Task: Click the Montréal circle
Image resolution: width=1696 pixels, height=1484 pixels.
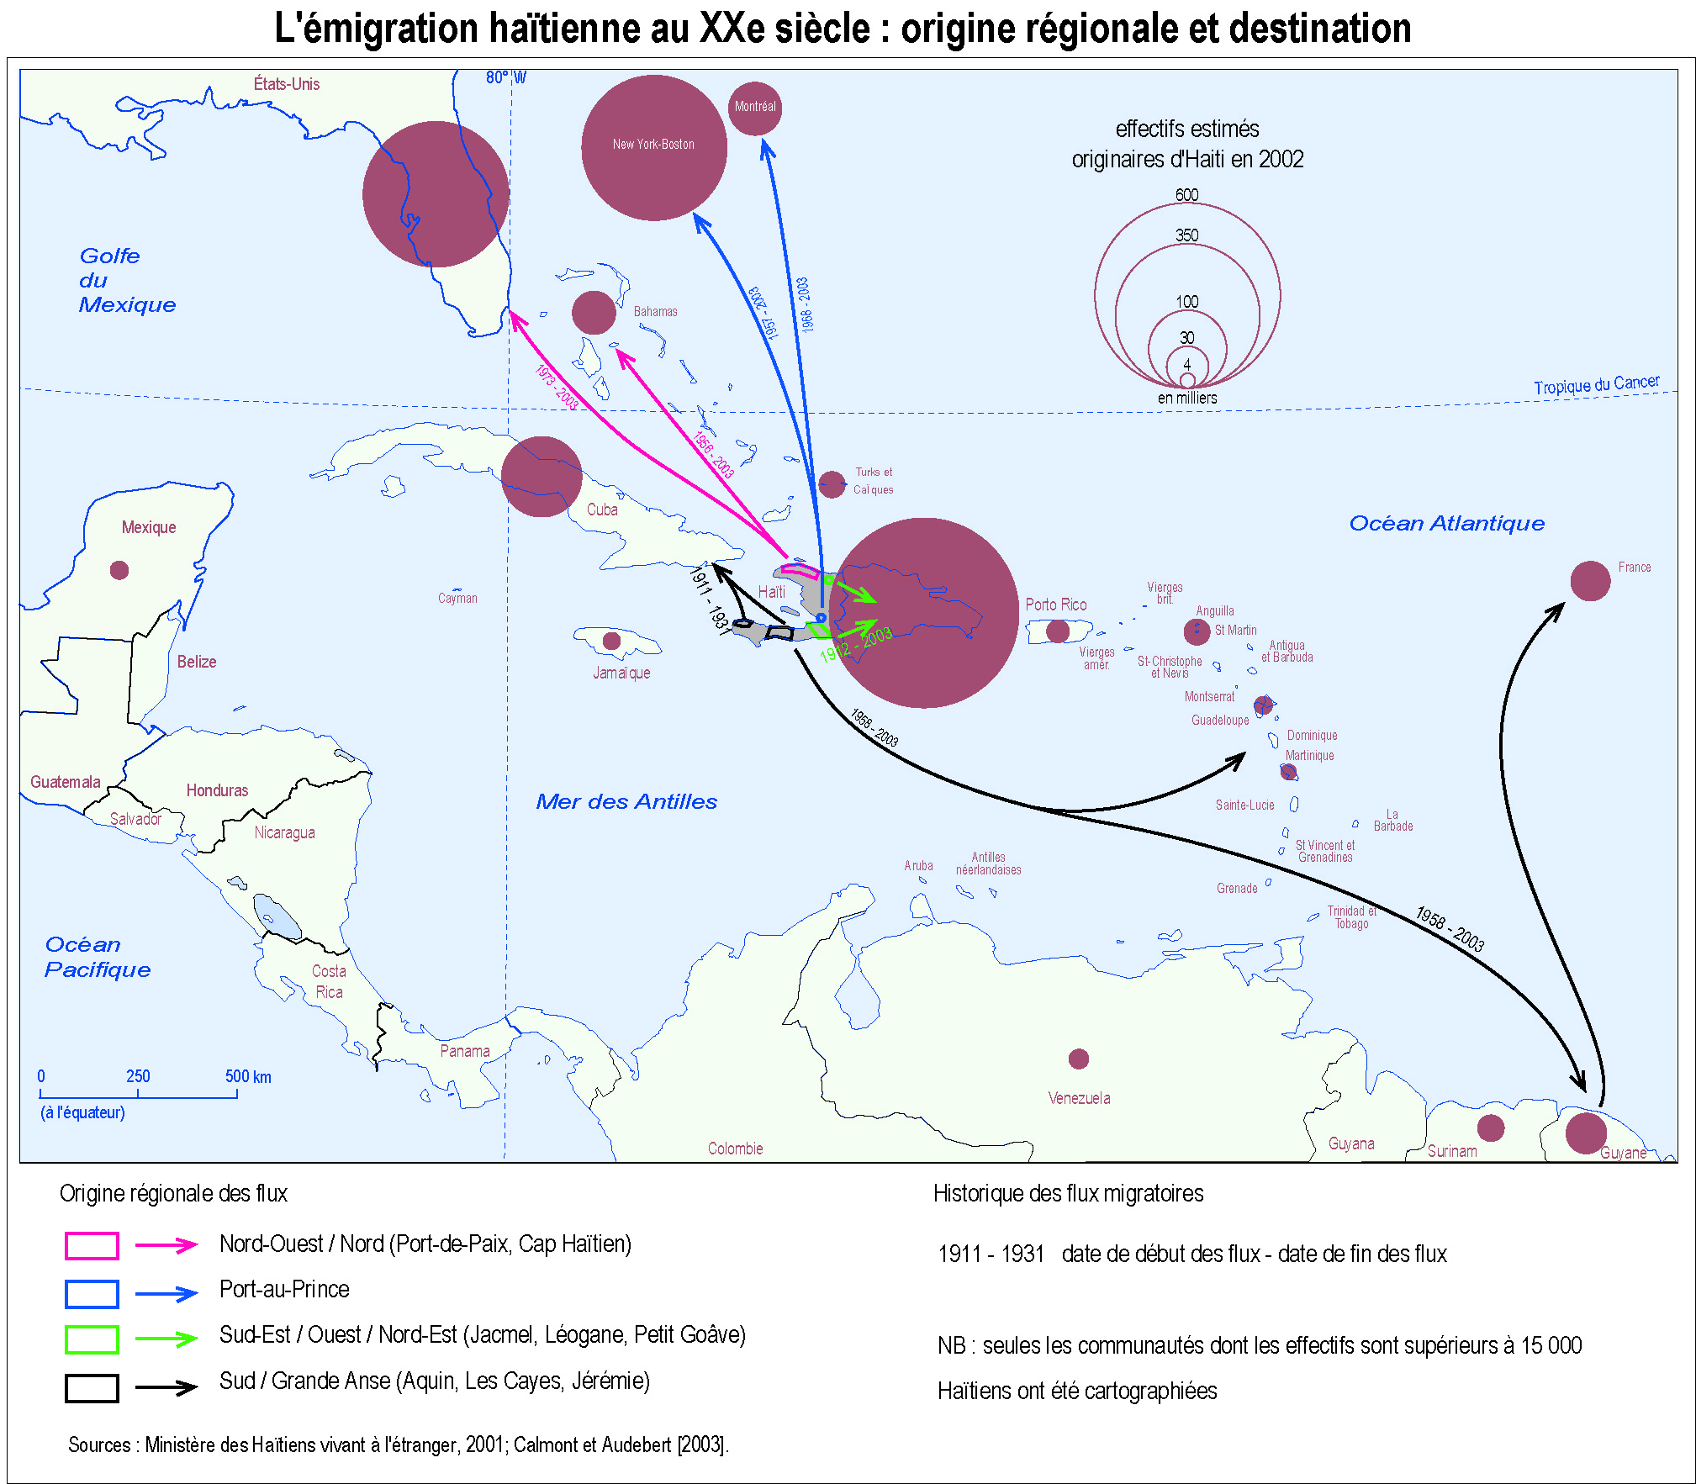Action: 754,108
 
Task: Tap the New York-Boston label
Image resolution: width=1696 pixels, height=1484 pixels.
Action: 653,145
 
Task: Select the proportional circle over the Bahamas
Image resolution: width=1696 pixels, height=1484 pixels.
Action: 594,313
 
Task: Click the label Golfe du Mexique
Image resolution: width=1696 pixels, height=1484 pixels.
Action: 126,280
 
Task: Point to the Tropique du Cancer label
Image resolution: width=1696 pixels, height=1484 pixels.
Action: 1596,384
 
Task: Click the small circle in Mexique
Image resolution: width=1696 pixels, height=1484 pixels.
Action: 119,570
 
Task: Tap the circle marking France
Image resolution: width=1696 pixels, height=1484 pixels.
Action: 1589,581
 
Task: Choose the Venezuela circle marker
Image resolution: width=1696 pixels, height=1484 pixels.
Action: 1078,1059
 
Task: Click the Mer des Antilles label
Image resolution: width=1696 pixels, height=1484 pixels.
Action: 626,801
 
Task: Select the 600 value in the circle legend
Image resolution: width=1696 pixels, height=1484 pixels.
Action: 1186,195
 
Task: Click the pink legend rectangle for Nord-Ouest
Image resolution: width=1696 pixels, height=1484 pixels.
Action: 92,1245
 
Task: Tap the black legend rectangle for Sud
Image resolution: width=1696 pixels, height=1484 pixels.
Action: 92,1388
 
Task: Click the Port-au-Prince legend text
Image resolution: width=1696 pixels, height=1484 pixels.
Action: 284,1290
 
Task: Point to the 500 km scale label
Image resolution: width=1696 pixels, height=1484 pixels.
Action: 248,1076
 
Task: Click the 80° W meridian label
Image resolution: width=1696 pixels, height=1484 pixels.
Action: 505,78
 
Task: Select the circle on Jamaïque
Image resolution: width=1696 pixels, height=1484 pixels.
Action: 611,641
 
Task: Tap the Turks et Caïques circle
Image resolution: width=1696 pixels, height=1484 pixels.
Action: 832,484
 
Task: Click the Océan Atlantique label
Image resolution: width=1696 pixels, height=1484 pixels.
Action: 1446,523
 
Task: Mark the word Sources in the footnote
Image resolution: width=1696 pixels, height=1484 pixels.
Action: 99,1445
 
